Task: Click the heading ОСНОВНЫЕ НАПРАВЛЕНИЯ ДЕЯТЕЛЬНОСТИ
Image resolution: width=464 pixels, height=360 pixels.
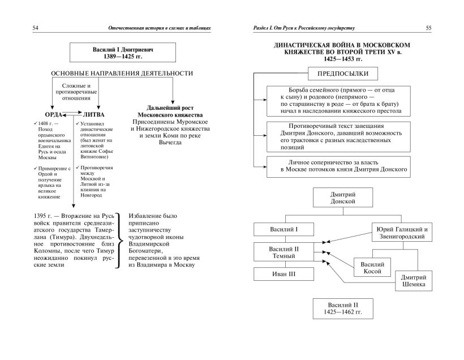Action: pyautogui.click(x=122, y=74)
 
